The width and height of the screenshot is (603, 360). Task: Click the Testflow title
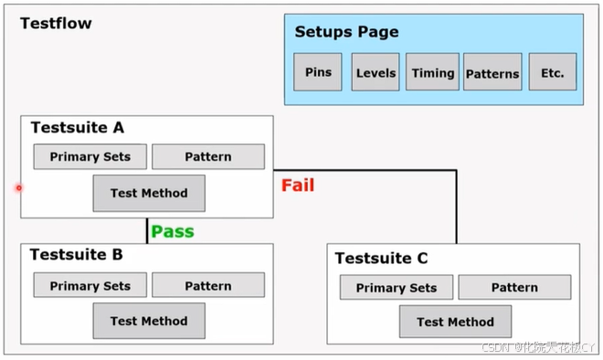[56, 24]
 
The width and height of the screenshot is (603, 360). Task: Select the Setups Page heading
[346, 32]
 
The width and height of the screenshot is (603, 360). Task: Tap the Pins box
[318, 72]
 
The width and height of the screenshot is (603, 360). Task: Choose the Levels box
[376, 72]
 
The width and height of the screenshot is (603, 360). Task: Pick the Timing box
[432, 72]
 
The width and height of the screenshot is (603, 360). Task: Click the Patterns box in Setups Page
[492, 73]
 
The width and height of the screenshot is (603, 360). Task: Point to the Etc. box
[552, 72]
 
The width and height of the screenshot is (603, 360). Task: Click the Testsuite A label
[78, 128]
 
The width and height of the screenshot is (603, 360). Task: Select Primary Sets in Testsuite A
[90, 156]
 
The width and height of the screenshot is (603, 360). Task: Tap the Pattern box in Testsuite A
[208, 156]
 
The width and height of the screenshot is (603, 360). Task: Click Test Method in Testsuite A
[149, 193]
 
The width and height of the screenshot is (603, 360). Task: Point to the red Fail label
[298, 185]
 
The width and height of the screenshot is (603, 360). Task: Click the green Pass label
[173, 232]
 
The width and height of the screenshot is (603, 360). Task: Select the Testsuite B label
[77, 255]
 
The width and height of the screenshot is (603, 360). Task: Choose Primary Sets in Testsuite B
[90, 285]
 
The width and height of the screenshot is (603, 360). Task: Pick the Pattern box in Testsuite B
[208, 285]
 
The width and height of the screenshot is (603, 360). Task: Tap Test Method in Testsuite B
[149, 321]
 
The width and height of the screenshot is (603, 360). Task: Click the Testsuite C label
[381, 259]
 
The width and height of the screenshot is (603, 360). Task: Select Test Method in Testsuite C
[455, 322]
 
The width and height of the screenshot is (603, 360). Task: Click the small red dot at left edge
[18, 188]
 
